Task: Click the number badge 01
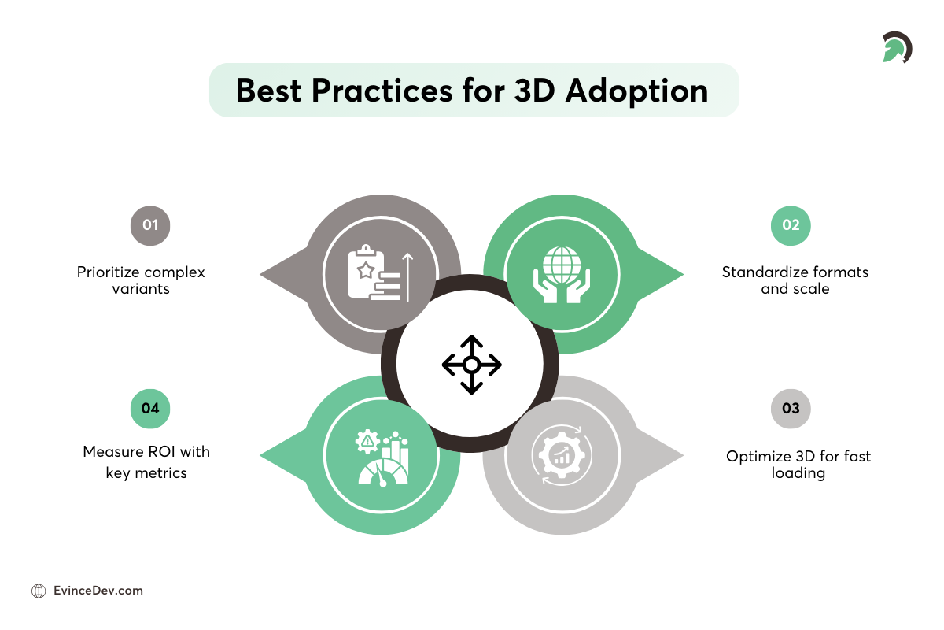pos(149,225)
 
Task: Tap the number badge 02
pos(791,225)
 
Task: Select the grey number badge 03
pos(791,408)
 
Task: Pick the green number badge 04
pos(149,408)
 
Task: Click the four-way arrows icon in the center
pos(471,365)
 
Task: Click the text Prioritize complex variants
pos(141,280)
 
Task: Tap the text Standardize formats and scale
pos(795,280)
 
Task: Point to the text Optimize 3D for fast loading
pos(798,465)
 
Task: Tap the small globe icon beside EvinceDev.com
pos(39,591)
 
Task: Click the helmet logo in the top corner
pos(895,48)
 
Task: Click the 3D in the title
pos(525,91)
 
